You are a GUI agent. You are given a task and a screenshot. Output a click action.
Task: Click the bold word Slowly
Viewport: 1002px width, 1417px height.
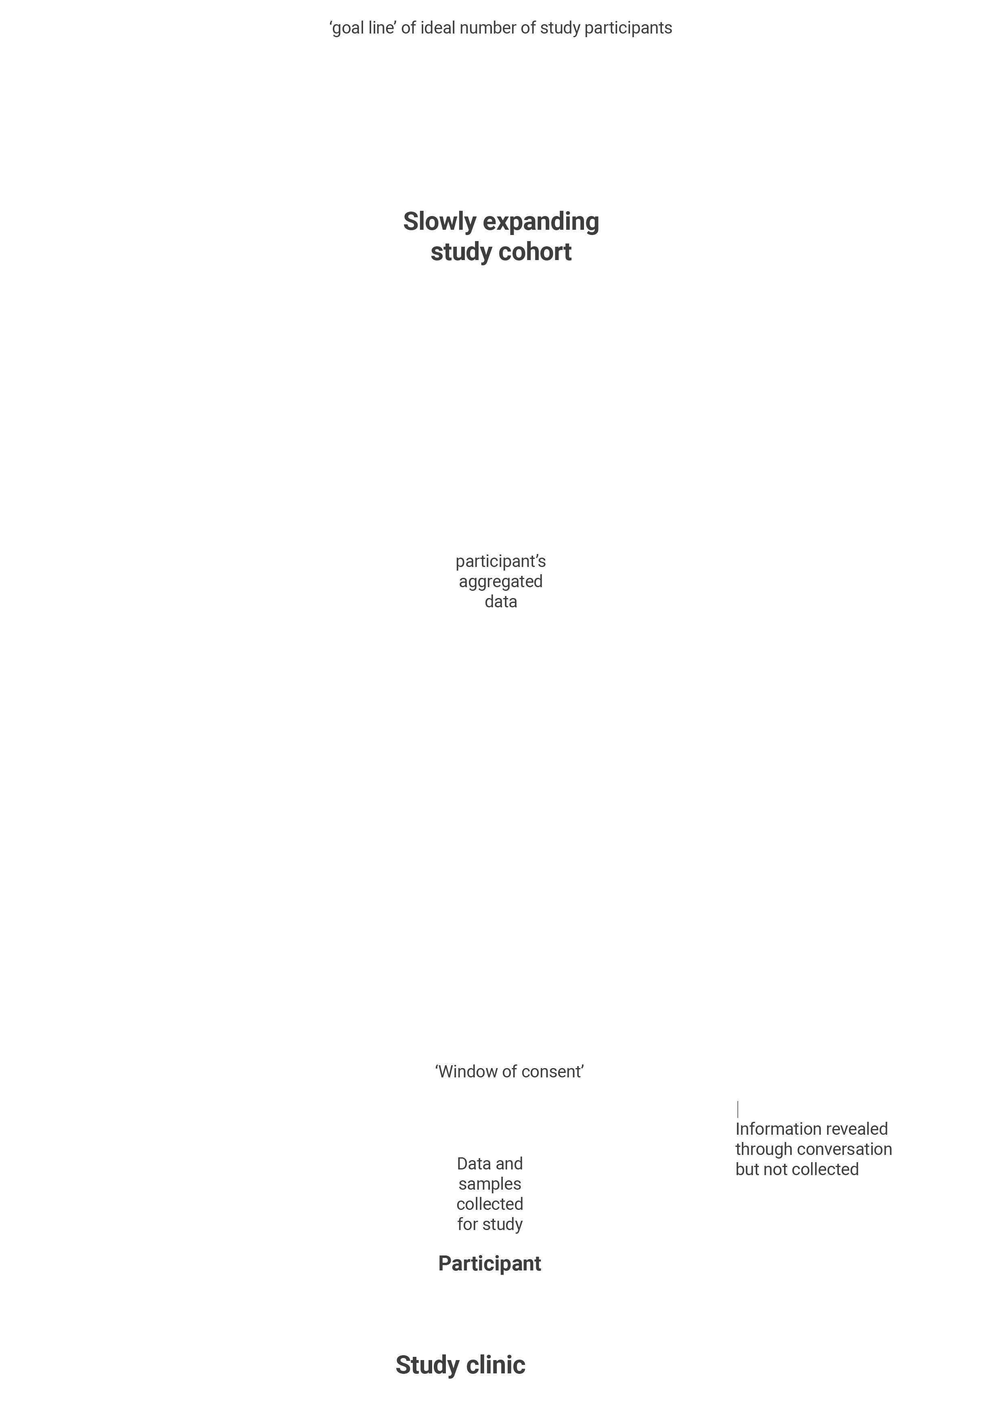coord(439,222)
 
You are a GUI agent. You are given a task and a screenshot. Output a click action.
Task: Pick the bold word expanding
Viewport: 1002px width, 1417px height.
coord(541,222)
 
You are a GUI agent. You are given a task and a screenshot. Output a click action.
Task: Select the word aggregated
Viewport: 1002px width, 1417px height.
coord(501,582)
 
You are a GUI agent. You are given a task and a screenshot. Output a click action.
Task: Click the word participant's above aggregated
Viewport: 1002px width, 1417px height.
coord(501,562)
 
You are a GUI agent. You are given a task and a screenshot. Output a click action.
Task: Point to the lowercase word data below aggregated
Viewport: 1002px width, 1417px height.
coord(501,602)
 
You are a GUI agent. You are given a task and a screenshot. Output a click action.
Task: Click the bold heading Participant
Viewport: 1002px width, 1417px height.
coord(489,1264)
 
